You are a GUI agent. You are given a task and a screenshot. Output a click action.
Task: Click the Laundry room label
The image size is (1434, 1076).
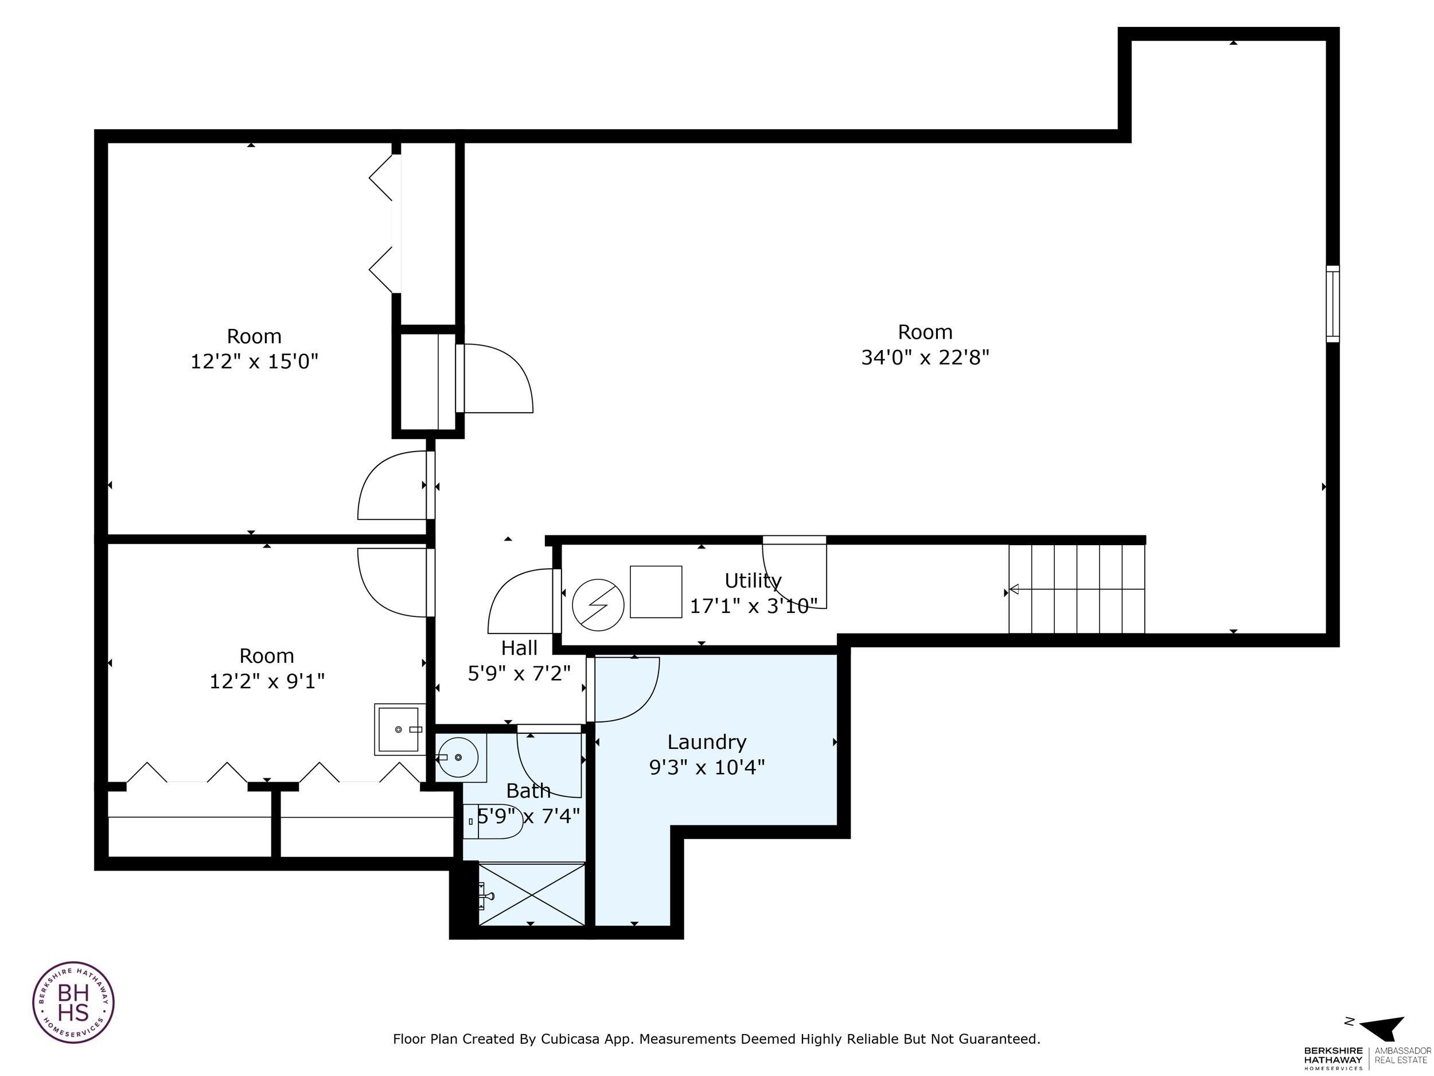click(707, 741)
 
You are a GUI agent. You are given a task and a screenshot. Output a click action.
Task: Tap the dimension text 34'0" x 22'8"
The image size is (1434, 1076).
click(925, 358)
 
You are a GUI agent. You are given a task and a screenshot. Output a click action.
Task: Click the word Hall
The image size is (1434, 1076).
click(519, 647)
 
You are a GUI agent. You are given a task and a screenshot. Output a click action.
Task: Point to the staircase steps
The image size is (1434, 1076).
click(1076, 589)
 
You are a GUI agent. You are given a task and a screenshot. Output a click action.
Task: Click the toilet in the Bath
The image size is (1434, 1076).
click(494, 821)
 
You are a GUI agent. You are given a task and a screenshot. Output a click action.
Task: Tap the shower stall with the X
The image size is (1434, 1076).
click(532, 895)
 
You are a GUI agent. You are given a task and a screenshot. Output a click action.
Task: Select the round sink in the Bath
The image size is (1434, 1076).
click(459, 757)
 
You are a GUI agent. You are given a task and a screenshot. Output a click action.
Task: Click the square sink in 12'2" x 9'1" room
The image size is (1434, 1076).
click(399, 729)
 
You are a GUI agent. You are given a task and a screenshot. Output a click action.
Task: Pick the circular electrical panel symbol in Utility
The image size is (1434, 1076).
click(598, 604)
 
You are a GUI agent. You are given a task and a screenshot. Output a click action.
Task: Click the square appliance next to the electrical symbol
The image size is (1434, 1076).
click(656, 592)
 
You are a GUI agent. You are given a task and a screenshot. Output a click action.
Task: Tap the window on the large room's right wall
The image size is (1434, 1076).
click(1332, 304)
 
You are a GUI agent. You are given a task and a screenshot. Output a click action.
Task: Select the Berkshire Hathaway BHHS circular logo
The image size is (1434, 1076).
click(73, 1002)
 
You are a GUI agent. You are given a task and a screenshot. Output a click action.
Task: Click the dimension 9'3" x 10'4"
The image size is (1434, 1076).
click(707, 767)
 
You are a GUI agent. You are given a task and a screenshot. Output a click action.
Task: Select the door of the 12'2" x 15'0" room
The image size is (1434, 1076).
click(392, 485)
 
